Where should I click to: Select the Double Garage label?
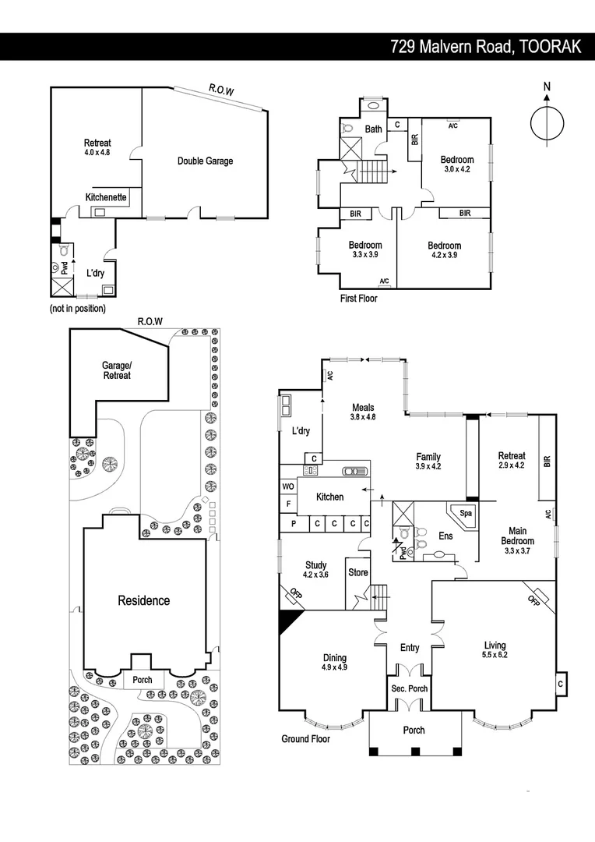pos(205,161)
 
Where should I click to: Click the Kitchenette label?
pos(106,198)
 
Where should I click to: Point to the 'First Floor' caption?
pos(358,299)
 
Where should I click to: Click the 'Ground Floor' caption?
pos(305,738)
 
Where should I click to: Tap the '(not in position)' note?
pos(77,309)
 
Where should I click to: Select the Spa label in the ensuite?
pos(466,514)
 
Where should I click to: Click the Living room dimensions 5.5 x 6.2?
pos(495,656)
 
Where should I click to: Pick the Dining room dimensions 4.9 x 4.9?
pos(334,667)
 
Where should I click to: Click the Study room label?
pos(316,565)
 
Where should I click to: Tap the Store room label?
pos(358,573)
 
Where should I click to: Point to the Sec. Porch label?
pos(409,688)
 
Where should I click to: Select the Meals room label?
pos(363,407)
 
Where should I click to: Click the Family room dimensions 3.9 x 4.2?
pos(428,467)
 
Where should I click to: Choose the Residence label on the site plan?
pos(144,600)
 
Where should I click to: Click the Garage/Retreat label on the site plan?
pos(116,370)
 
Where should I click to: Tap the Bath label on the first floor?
pos(374,129)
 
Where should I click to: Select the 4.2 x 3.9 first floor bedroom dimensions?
pos(444,254)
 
